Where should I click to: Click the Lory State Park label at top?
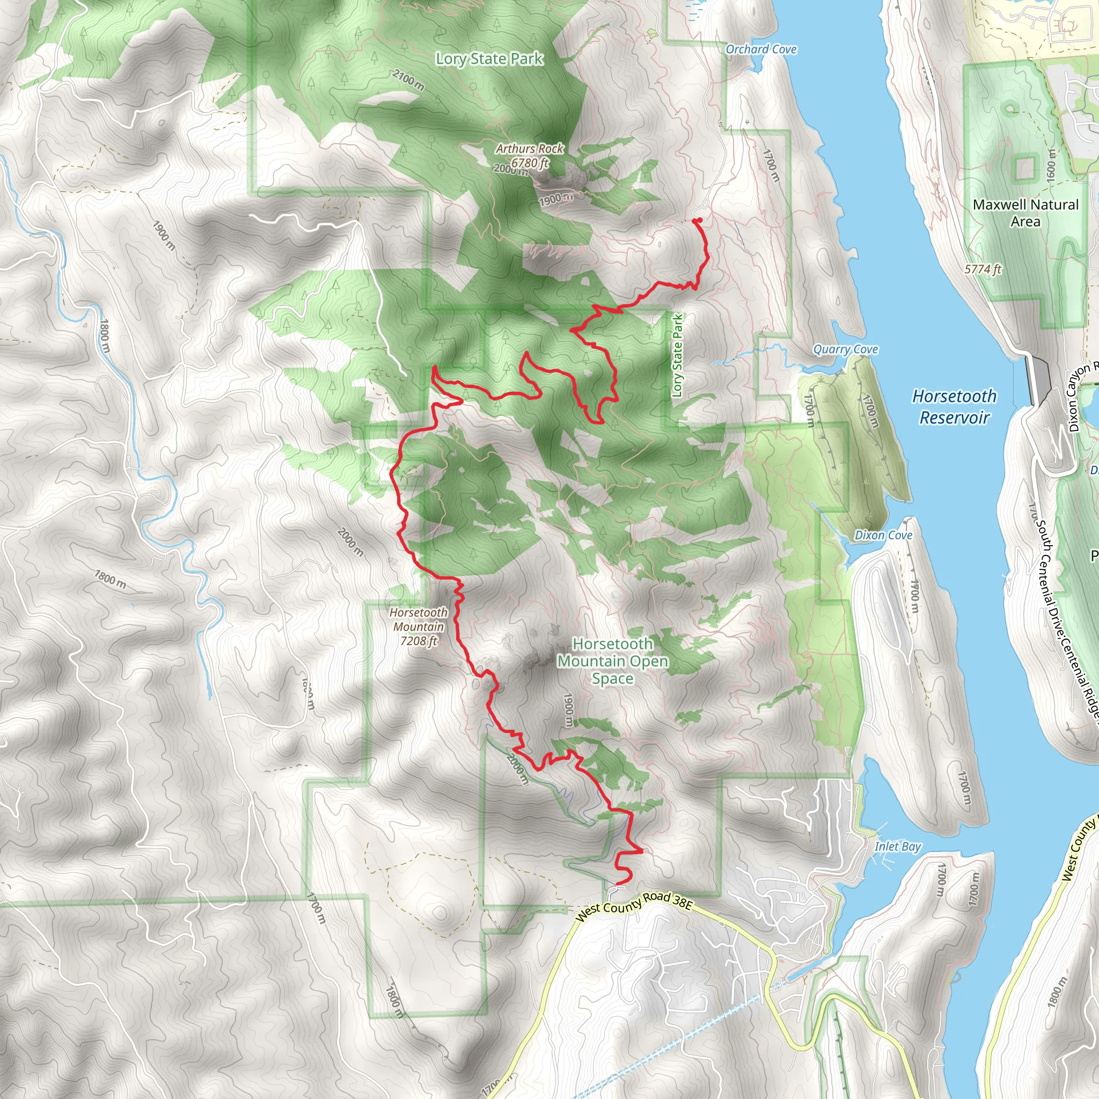[x=489, y=58]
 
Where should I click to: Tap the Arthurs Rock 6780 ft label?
[x=529, y=155]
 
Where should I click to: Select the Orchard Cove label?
[x=760, y=49]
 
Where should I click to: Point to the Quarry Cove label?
[x=845, y=349]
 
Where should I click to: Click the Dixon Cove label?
[x=883, y=535]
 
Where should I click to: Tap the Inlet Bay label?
[x=897, y=847]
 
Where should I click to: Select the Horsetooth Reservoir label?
[x=954, y=407]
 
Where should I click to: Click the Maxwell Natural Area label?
[x=1025, y=213]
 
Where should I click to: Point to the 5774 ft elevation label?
[x=983, y=269]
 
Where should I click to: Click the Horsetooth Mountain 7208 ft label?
[x=419, y=626]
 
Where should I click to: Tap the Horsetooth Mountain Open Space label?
[x=613, y=661]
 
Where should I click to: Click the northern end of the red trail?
[x=696, y=220]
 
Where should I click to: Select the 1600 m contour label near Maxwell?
[x=1051, y=165]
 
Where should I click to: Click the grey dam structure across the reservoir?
[x=1041, y=378]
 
